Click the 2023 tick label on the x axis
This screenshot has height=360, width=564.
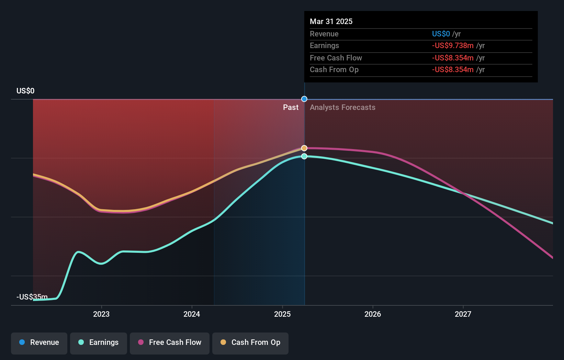(x=101, y=314)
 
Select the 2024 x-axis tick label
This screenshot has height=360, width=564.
(x=192, y=314)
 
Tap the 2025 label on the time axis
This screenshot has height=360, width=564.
(x=282, y=314)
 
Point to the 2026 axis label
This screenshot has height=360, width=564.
(x=373, y=314)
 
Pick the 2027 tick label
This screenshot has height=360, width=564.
(x=463, y=314)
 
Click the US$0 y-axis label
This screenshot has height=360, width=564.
(x=25, y=91)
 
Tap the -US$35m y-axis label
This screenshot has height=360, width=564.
(x=32, y=297)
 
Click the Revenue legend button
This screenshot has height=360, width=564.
(x=39, y=342)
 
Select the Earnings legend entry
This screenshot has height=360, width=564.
(x=99, y=342)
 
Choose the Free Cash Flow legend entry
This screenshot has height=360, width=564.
(x=170, y=342)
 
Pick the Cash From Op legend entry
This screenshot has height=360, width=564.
(x=250, y=342)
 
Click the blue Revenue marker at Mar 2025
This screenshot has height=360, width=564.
(x=304, y=99)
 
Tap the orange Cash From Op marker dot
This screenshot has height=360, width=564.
(x=304, y=148)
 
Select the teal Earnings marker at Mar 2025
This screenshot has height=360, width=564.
(x=304, y=156)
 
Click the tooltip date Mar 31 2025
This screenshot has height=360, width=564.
(x=331, y=21)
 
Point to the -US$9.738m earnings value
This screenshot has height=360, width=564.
(x=453, y=46)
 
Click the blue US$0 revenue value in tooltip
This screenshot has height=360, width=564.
(x=441, y=34)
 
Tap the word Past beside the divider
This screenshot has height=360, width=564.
(x=291, y=108)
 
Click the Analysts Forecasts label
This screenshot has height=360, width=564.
(x=342, y=108)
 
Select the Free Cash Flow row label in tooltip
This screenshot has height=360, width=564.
(x=336, y=58)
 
